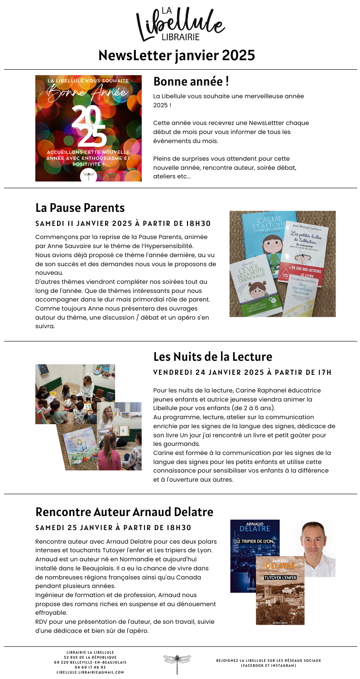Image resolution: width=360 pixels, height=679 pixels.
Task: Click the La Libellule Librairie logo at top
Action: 180,23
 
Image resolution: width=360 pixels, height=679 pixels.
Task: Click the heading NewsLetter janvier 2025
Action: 177,56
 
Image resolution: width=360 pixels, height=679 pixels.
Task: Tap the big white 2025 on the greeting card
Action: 89,124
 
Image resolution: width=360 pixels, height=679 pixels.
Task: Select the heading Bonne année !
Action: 191,82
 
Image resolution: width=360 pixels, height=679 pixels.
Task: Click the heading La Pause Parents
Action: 80,208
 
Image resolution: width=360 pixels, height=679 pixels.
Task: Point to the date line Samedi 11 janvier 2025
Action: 123,224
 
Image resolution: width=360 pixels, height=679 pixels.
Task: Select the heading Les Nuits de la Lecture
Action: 212,356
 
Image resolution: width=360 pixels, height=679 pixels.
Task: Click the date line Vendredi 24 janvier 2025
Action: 242,373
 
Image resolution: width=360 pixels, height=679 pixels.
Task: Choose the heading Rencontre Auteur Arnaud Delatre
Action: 124,512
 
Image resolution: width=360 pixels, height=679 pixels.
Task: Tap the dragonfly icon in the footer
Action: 177,663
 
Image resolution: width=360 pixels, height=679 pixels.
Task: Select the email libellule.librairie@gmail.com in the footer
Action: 90,672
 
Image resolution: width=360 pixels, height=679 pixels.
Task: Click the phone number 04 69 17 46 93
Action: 90,667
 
